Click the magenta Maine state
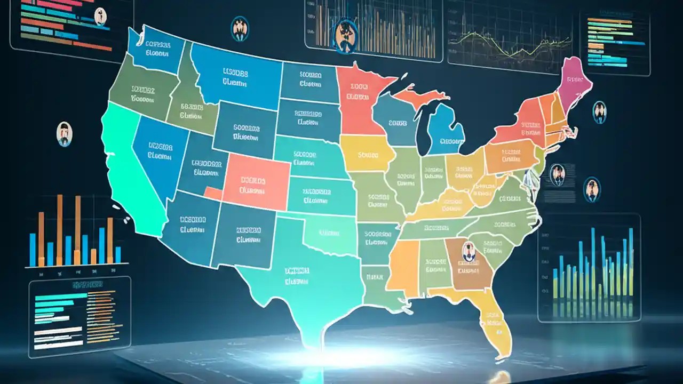click(572, 85)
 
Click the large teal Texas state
click(299, 277)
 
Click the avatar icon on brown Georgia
click(468, 251)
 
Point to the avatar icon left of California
click(64, 133)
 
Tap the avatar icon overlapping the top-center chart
click(345, 36)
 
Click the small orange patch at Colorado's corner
click(213, 193)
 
